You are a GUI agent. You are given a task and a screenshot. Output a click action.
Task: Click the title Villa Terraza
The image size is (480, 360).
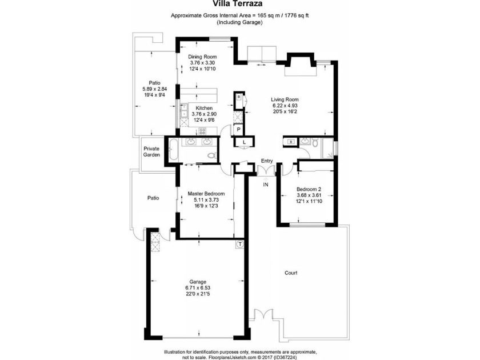[238, 4]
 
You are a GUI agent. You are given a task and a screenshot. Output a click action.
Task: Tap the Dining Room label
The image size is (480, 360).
[202, 57]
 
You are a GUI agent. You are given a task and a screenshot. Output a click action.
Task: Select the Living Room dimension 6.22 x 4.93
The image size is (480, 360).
[285, 106]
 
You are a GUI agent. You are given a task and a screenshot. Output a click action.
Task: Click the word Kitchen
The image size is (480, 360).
[204, 108]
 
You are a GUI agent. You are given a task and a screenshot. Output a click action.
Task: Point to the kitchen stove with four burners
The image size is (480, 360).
[202, 131]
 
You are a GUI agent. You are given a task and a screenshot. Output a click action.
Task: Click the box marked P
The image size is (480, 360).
[238, 130]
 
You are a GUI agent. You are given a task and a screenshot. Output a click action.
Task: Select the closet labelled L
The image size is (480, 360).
[244, 142]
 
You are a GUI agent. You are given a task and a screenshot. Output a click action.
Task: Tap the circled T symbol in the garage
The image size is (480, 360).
[241, 244]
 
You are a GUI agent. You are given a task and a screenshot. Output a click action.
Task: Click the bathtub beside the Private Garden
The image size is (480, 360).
[173, 150]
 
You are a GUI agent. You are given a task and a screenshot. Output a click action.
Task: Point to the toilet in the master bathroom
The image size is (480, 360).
[212, 155]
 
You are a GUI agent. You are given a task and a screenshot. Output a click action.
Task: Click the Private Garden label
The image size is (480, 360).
[152, 152]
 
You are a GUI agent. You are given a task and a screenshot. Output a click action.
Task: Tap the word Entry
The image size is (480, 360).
[267, 161]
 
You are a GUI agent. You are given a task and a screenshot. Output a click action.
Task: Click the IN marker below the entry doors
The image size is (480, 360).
[266, 185]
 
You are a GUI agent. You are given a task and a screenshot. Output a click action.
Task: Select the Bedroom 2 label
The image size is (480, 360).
[309, 189]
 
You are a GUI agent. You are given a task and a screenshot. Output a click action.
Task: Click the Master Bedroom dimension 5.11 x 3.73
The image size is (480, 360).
[206, 199]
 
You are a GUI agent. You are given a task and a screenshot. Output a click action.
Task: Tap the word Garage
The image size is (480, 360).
[198, 282]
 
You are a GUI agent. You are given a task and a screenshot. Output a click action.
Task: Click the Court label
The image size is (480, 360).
[291, 273]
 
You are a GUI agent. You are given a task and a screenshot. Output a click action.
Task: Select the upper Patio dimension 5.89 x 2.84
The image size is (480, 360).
[155, 89]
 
